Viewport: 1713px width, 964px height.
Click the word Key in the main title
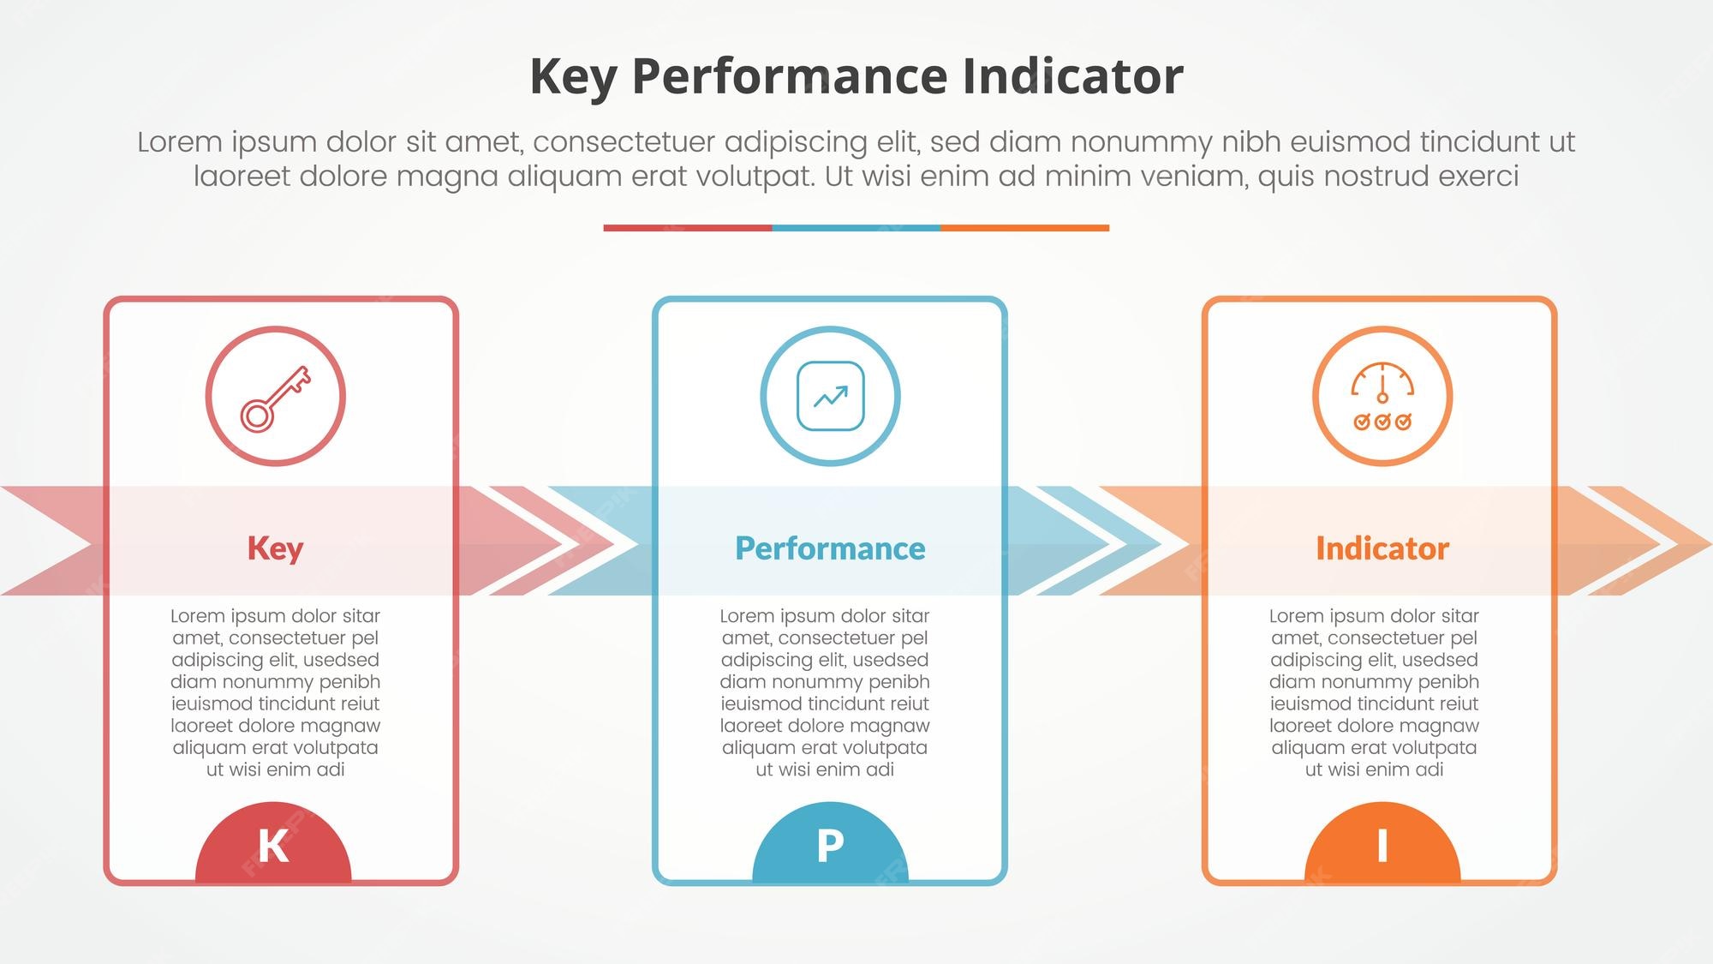(x=573, y=78)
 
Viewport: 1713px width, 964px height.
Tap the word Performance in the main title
(x=790, y=76)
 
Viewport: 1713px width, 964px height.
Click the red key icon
(x=276, y=397)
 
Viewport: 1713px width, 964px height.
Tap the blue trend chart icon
(x=830, y=396)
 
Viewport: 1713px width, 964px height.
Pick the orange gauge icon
(x=1382, y=397)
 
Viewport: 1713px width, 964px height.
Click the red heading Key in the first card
(x=276, y=548)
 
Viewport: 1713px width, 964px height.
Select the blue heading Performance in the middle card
(x=830, y=548)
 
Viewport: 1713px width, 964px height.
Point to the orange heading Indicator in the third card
(x=1382, y=548)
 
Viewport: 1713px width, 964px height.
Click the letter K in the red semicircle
(x=273, y=846)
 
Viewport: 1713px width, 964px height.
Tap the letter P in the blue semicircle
(x=830, y=846)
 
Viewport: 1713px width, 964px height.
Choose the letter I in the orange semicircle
(x=1382, y=846)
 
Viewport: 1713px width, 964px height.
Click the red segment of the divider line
(x=688, y=228)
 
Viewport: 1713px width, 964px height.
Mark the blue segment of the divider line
(x=856, y=228)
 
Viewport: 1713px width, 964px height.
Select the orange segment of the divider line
(x=1025, y=228)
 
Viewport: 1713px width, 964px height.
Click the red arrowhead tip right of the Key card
(x=638, y=543)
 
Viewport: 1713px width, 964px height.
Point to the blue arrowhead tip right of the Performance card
(x=1190, y=543)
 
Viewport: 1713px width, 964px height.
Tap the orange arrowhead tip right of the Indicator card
(x=1710, y=543)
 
